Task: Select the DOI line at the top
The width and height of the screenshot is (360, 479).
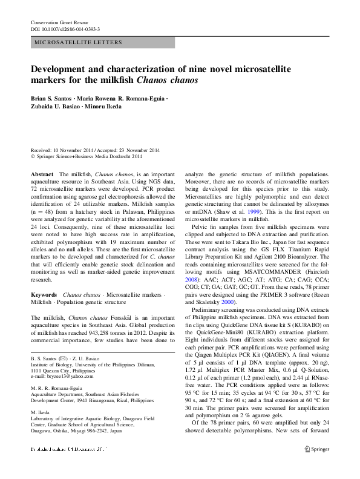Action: coord(65,28)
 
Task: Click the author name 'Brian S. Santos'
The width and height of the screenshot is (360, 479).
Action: coord(51,97)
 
